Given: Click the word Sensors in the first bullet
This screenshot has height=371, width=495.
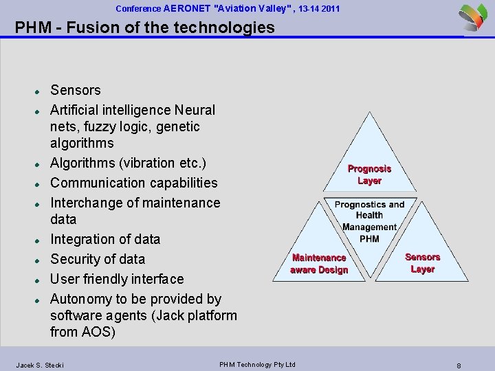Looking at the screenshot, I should click(76, 90).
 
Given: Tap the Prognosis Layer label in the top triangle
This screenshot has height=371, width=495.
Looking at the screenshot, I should click(369, 175).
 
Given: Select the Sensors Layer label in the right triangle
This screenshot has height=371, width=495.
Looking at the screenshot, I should click(422, 263).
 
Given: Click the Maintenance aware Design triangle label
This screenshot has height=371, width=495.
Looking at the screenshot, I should click(319, 264).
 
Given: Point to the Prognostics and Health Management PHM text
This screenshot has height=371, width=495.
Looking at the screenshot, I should click(369, 221).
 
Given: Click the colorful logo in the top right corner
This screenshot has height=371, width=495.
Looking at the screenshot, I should click(473, 17).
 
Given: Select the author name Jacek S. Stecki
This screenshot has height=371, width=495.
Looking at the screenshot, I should click(40, 365).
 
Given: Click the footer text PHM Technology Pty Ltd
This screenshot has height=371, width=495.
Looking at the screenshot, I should click(257, 364).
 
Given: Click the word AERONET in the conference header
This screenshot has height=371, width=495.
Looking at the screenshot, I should click(188, 9).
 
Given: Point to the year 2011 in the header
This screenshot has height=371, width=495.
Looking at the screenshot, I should click(329, 9).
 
